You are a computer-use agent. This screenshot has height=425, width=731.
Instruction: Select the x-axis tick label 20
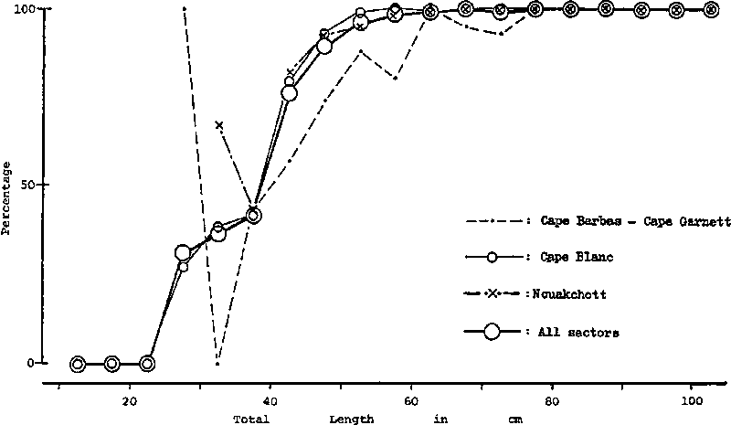[130, 399]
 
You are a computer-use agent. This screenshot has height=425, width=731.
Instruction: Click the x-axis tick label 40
[270, 399]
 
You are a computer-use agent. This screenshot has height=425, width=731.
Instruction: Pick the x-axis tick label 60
[411, 399]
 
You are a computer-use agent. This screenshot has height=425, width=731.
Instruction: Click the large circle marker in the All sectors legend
[491, 332]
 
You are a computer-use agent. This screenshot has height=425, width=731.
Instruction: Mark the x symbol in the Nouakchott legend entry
[491, 294]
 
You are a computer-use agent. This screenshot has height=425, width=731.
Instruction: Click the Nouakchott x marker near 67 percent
[218, 125]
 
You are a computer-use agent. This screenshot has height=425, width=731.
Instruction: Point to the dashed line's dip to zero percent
[217, 363]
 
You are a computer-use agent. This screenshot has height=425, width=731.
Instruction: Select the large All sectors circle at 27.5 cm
[183, 253]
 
